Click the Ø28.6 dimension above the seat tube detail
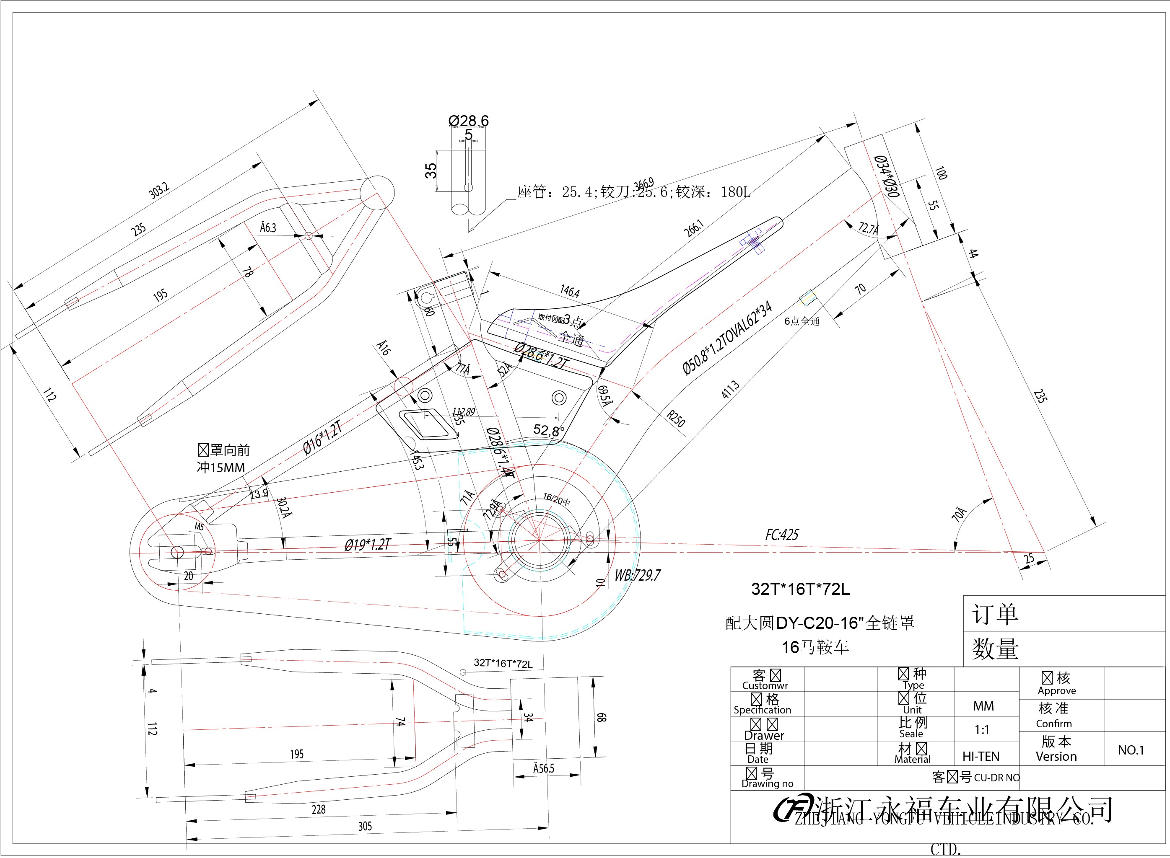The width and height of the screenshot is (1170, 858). pos(468,121)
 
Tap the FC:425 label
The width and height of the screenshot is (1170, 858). pos(782,535)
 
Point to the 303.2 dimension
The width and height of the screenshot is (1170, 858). pos(159,190)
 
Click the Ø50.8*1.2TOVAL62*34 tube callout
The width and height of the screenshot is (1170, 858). pos(727,338)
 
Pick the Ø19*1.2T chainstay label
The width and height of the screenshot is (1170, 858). pos(367,544)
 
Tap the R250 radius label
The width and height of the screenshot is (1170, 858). pos(676,418)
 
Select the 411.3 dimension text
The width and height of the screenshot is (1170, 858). pos(730,390)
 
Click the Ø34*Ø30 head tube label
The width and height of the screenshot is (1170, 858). pos(886,176)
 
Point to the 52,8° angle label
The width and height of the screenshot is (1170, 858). pos(549,430)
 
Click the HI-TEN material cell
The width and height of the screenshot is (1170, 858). pos(981,756)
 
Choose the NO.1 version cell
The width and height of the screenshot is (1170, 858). pos(1131,750)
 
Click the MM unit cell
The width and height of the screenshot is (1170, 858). pos(983,706)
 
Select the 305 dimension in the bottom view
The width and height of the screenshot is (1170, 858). pos(365,826)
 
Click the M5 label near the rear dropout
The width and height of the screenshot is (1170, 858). pos(199,527)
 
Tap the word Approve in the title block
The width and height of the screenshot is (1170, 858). pos(1057,691)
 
